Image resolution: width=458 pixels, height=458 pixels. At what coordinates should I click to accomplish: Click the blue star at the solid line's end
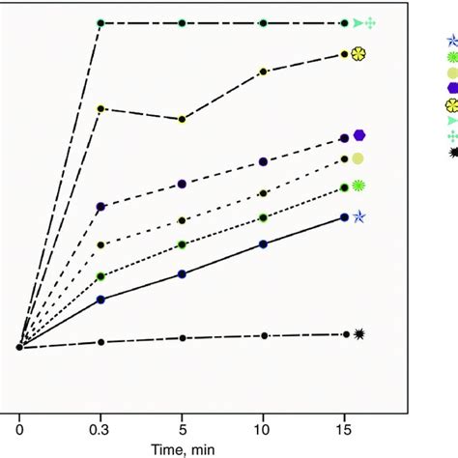(x=358, y=217)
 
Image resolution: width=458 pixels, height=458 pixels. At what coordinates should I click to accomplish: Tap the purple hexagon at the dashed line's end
(x=358, y=135)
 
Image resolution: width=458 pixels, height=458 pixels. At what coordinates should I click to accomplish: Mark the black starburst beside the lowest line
(x=359, y=334)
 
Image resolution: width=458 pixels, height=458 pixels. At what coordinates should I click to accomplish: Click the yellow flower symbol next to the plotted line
(x=358, y=54)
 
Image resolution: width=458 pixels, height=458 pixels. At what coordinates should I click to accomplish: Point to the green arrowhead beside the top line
(x=357, y=22)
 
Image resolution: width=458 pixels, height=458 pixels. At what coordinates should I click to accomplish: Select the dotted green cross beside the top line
(x=370, y=22)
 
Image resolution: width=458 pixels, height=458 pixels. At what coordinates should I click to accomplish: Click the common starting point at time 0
(x=19, y=347)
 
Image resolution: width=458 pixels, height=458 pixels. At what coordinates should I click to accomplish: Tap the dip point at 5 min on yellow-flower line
(x=182, y=120)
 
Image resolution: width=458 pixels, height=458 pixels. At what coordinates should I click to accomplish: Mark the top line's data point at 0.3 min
(x=100, y=22)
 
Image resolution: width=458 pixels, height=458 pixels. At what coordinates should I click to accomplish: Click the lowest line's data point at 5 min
(x=182, y=338)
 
